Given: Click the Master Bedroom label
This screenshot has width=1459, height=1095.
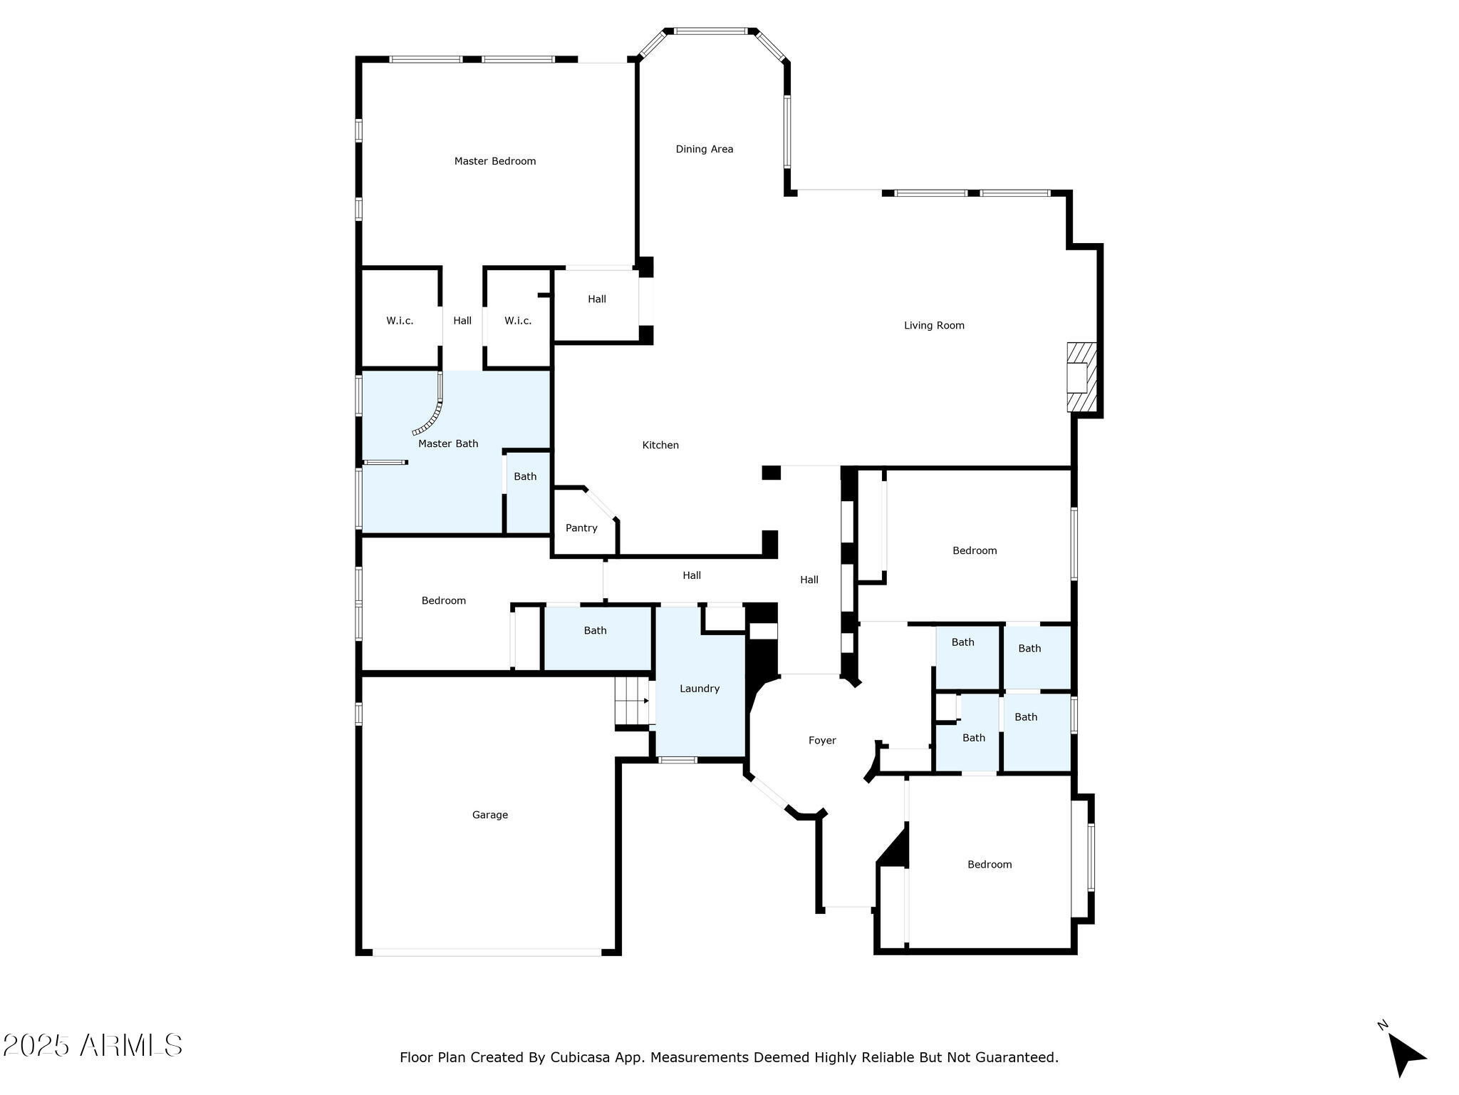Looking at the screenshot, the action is tap(495, 161).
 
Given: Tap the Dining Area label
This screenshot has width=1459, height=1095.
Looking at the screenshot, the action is tap(705, 149).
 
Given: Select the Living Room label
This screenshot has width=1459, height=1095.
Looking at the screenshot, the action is tap(934, 326).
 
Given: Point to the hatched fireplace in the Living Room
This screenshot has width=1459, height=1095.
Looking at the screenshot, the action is tap(1081, 377).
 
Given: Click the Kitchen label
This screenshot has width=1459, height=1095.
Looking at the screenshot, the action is tap(660, 445).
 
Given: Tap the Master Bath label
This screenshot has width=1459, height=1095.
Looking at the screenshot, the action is tap(448, 443).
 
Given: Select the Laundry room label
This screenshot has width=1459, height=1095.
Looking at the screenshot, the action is tap(700, 689).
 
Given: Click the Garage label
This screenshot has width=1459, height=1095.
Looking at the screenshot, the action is tap(490, 815).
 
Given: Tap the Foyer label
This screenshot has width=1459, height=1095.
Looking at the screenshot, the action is tap(822, 741).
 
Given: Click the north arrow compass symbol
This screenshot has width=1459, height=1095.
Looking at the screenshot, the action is tap(1403, 1055).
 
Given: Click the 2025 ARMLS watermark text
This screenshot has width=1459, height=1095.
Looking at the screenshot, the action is tap(93, 1046).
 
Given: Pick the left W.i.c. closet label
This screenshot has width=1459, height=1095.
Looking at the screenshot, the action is tap(400, 321).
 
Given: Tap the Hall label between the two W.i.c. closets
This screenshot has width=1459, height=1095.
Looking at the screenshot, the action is tap(462, 321).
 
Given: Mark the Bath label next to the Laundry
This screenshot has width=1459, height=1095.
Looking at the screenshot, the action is tap(596, 630).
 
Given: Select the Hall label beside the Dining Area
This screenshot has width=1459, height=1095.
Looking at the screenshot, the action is tap(597, 299).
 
